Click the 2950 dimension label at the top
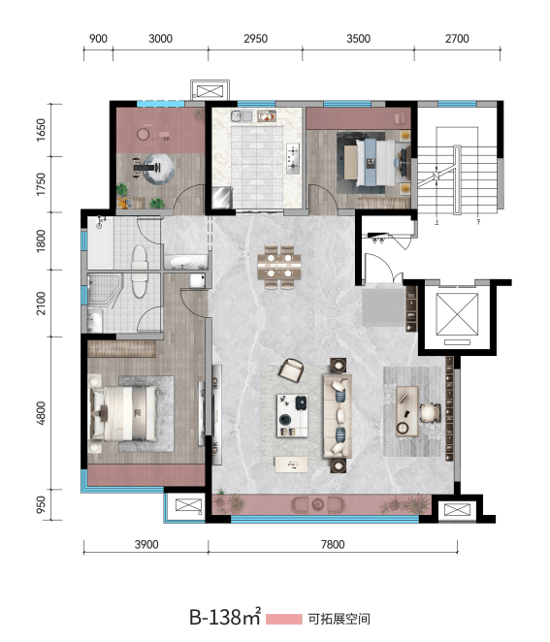click(255, 39)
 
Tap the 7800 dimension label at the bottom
click(333, 545)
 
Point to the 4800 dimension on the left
click(41, 413)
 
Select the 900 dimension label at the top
click(98, 39)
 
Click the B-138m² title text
click(225, 617)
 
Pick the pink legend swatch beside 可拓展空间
click(284, 619)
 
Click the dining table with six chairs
click(279, 267)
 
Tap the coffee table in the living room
click(292, 415)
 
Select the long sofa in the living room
click(338, 416)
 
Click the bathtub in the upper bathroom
click(100, 242)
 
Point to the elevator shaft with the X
click(457, 314)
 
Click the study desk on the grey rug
click(407, 410)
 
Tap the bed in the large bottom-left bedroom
click(123, 413)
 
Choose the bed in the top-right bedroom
click(376, 163)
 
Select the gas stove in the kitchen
click(293, 158)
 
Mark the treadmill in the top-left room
click(146, 168)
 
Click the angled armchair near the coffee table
click(291, 370)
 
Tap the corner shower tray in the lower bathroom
click(105, 289)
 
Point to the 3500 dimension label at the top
click(358, 39)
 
